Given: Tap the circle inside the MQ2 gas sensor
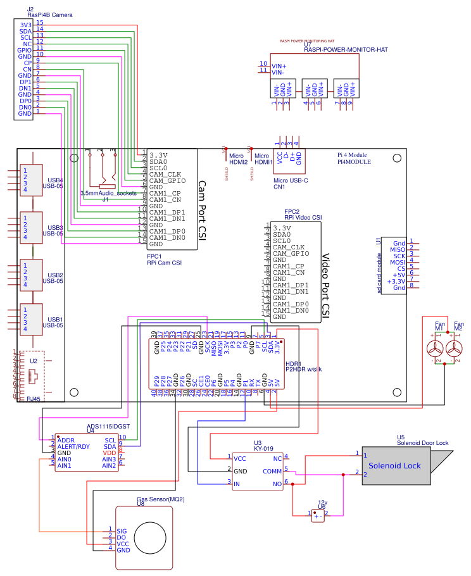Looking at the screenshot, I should tap(153, 537).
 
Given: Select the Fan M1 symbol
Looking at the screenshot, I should tap(435, 349).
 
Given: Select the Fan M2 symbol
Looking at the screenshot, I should tap(455, 349).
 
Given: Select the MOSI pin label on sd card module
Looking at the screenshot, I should tap(398, 261).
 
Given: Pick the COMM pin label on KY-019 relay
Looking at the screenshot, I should tap(272, 471).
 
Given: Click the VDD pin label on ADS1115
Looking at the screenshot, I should tap(110, 453).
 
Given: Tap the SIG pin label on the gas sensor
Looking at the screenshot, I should tap(122, 530).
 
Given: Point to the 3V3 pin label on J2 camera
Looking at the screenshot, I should tap(25, 25).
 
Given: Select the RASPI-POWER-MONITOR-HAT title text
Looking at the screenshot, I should tap(346, 49).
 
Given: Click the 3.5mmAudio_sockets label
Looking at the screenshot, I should tap(108, 192).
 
